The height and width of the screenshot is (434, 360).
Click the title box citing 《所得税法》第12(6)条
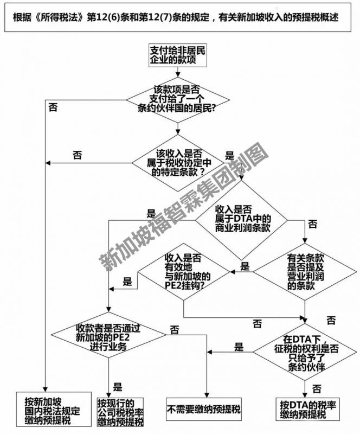[x=179, y=17]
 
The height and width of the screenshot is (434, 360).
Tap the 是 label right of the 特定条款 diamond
[x=229, y=156]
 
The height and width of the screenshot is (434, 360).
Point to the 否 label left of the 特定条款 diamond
[x=78, y=155]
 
